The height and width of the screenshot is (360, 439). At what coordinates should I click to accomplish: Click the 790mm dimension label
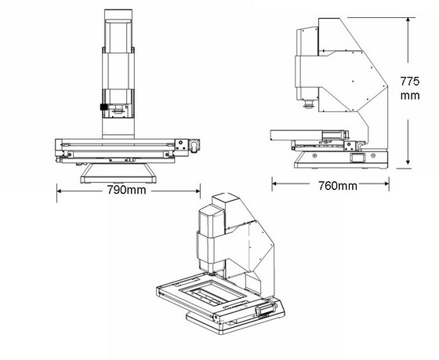pos(126,190)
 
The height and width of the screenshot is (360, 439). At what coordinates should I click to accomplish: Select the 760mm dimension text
pos(338,186)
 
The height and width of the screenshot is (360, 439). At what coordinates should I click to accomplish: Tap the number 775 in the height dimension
pos(410,82)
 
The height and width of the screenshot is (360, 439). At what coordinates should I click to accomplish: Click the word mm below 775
pos(410,96)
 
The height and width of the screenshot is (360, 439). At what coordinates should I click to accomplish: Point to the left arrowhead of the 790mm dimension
pos(59,191)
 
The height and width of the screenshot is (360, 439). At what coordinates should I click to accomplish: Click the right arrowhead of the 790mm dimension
pos(198,191)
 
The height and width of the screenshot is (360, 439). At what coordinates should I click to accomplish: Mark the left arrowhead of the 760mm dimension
pos(274,184)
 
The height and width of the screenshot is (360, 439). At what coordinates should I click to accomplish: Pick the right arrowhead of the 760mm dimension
pos(386,184)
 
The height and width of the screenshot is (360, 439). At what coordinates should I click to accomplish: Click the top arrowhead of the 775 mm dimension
pos(408,20)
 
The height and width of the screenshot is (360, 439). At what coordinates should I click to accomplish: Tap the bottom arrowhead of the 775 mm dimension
pos(408,162)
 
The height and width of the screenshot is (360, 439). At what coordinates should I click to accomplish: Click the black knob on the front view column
pos(103,107)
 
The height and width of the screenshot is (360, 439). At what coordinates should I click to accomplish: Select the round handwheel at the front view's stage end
pos(194,145)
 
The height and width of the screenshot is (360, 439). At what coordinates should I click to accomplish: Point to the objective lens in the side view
pos(309,104)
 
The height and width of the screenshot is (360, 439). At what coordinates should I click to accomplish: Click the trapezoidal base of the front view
pos(118,173)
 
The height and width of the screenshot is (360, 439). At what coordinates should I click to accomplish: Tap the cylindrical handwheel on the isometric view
pos(266,310)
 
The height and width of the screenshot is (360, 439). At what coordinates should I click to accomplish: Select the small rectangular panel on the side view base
pos(357,158)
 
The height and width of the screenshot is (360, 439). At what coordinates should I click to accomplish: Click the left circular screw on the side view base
pos(314,155)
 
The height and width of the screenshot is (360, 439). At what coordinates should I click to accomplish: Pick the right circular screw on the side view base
pos(373,155)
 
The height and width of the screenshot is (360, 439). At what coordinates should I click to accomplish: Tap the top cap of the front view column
pos(118,14)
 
